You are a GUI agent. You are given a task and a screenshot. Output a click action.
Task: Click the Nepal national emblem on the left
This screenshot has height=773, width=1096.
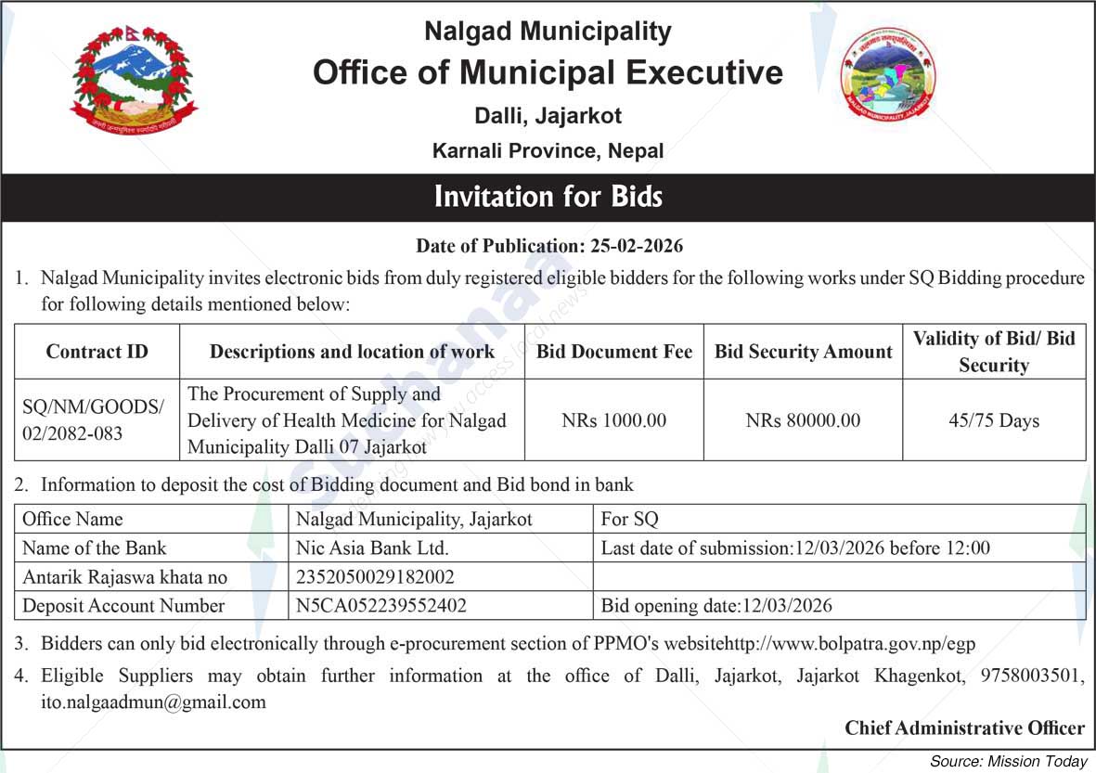[134, 80]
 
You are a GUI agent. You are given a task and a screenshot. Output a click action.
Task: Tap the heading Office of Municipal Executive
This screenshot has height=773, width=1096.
[548, 72]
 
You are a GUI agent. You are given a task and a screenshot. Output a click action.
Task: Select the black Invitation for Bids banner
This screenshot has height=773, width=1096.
[548, 197]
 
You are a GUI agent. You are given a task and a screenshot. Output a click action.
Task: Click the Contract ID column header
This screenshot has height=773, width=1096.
[97, 352]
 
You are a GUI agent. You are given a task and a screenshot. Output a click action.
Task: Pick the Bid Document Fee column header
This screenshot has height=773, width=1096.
[613, 352]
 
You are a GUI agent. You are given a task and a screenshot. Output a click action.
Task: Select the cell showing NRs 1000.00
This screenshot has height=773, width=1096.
[613, 420]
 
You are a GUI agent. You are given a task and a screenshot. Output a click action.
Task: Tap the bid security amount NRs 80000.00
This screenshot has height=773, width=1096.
[803, 420]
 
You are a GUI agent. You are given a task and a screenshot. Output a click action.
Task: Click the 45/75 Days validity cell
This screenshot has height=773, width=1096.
[993, 420]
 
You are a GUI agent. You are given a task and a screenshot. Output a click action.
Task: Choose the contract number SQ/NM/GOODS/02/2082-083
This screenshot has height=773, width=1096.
[92, 420]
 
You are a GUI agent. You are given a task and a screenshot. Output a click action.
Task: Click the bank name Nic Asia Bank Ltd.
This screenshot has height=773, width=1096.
[372, 548]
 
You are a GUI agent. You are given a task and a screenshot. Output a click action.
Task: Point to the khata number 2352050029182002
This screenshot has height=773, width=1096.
[375, 577]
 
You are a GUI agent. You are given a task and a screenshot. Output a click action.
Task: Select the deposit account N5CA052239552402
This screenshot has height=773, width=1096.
[380, 606]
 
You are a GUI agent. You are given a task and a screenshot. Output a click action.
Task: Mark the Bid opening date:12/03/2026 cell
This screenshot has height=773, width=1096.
[716, 606]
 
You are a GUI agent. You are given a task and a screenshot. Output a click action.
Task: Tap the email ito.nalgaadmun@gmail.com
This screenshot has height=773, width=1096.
[153, 702]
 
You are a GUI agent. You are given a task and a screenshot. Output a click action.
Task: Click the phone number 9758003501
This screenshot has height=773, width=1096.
[1030, 676]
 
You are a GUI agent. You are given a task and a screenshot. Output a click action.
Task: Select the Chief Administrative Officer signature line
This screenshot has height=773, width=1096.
[964, 728]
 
